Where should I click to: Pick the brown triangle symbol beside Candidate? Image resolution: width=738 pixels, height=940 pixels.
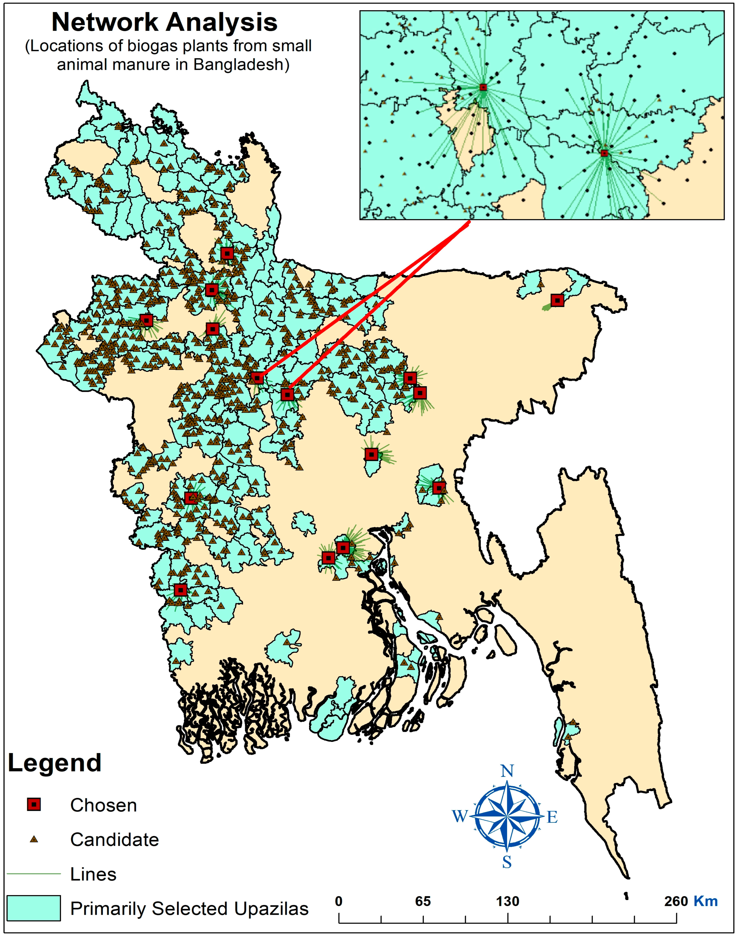[34, 839]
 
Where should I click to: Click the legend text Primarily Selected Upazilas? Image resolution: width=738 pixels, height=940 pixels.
[189, 909]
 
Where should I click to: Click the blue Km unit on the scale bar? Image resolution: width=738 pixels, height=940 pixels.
[706, 902]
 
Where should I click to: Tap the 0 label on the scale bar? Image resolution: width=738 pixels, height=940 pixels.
[339, 902]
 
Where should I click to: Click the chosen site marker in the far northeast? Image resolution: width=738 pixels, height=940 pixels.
[557, 300]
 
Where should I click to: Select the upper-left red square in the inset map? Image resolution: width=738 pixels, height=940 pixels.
[483, 87]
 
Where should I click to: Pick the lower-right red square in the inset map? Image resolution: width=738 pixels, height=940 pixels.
[604, 153]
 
